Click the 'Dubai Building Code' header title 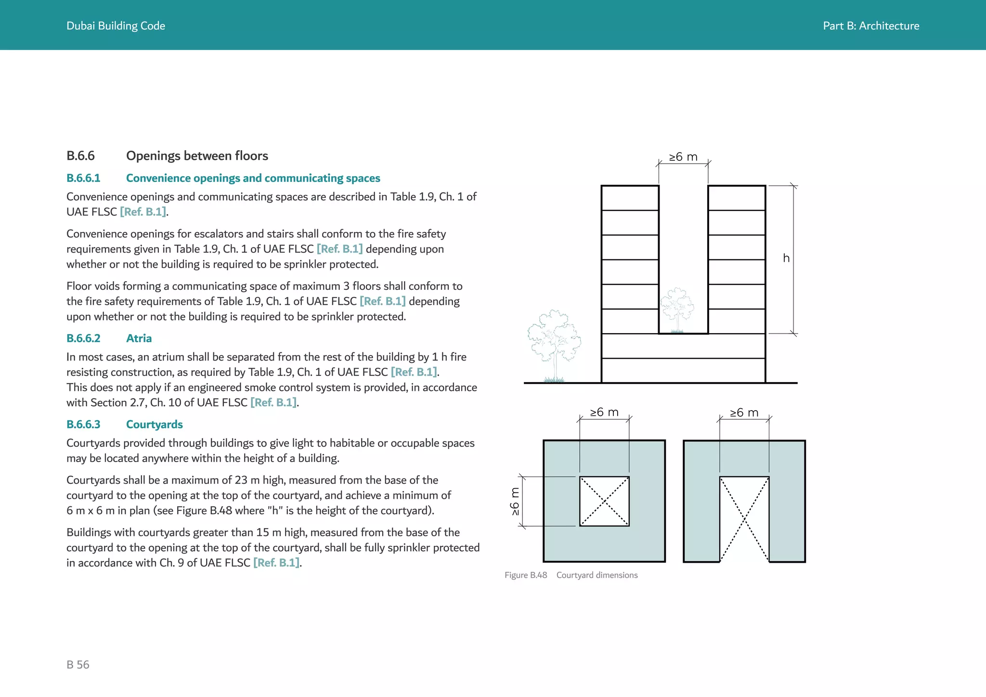(x=116, y=26)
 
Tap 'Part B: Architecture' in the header (x=870, y=26)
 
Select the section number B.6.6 (x=80, y=156)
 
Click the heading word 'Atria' (x=139, y=338)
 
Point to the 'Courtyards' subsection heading (x=154, y=425)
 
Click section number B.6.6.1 (x=83, y=178)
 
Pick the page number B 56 (x=78, y=665)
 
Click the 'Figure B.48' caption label (x=526, y=575)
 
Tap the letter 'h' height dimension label (x=786, y=258)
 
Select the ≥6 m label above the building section (x=683, y=157)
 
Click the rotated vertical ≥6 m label (x=515, y=502)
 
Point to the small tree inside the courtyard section (x=677, y=310)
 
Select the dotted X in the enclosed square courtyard (x=604, y=502)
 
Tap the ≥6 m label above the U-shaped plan (x=744, y=413)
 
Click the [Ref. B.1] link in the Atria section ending (x=273, y=402)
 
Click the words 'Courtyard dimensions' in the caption (x=597, y=575)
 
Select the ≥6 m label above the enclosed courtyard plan (x=604, y=413)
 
